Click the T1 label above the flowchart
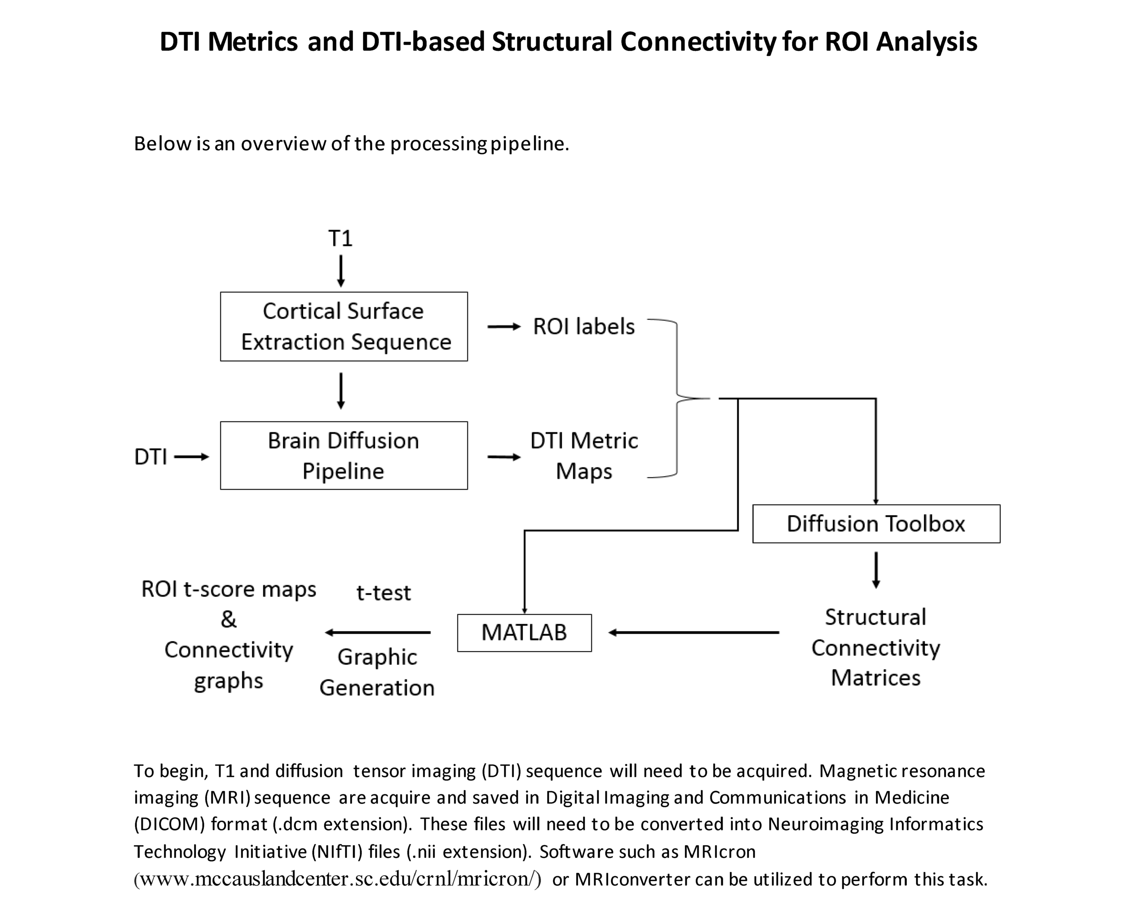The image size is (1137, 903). coord(340,239)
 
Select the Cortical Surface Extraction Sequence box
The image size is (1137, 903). coord(344,326)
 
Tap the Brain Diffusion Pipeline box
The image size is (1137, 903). coord(344,456)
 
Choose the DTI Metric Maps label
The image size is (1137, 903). coord(584,456)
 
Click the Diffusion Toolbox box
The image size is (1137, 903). coord(875,524)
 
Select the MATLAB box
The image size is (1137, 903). coord(524,632)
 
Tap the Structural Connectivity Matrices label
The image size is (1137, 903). coord(875,647)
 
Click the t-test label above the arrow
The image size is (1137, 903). coord(383,593)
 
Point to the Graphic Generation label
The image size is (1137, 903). coord(377,672)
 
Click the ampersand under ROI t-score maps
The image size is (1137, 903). coord(228,619)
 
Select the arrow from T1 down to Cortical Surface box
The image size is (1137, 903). coord(341,271)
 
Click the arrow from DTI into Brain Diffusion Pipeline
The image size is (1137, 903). coord(191,457)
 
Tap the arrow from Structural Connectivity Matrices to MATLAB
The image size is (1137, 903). coord(694,632)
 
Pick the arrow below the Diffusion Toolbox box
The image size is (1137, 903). coord(876,570)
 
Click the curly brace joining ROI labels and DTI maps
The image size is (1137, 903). coord(677,398)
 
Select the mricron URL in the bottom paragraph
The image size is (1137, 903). coord(337,879)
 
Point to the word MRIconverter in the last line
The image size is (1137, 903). coord(632,879)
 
